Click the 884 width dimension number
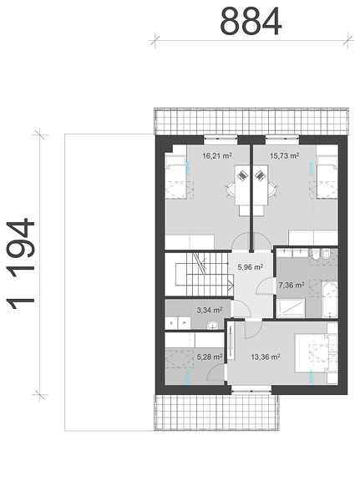[x=251, y=22]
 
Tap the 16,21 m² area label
[x=217, y=156]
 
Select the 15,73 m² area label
[x=284, y=156]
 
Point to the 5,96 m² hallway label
[x=250, y=267]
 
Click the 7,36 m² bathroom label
[x=291, y=285]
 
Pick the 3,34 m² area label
[x=210, y=310]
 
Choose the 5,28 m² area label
[x=210, y=357]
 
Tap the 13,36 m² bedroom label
[x=266, y=357]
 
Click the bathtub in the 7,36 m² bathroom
[x=329, y=300]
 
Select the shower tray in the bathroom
[x=291, y=308]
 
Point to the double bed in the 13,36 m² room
[x=316, y=353]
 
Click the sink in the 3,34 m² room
[x=212, y=326]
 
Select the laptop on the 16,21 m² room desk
[x=243, y=175]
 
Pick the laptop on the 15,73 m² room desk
[x=260, y=175]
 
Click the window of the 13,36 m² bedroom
[x=251, y=389]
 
